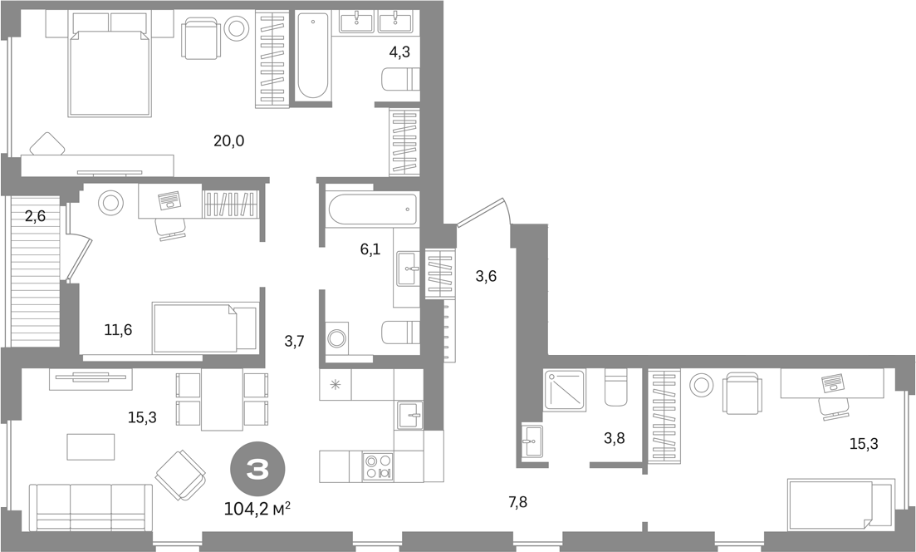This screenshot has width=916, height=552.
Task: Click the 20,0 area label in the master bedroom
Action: (228, 141)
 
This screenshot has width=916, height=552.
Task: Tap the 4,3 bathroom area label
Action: (399, 52)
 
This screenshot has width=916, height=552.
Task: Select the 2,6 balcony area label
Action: (35, 216)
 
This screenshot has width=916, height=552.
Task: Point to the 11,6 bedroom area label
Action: (118, 330)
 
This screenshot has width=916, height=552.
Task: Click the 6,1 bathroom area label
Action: (370, 249)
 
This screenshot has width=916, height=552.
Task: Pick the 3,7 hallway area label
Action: (295, 342)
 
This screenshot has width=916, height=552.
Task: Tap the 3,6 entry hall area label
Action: (486, 276)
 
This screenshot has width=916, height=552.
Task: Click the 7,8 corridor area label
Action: (517, 501)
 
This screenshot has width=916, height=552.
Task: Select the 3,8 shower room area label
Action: (614, 437)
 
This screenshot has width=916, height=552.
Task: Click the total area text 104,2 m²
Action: (257, 510)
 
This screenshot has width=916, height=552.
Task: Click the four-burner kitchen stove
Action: (377, 466)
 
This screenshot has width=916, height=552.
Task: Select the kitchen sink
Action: (411, 415)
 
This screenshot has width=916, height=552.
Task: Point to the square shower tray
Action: (565, 390)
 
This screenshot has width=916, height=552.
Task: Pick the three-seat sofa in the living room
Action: (91, 506)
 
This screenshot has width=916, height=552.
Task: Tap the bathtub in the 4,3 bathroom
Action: (312, 56)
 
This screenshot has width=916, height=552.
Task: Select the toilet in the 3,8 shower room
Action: (615, 387)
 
